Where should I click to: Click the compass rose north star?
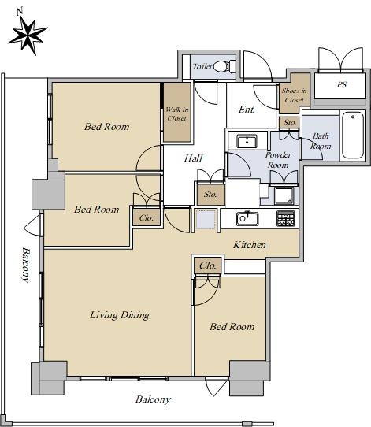point(28,35)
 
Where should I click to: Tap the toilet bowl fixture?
point(224,66)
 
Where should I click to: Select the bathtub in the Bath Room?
point(353,135)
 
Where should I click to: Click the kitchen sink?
point(247,218)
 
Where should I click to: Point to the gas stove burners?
point(285,219)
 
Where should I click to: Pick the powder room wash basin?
point(247,141)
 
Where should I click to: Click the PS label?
point(342,85)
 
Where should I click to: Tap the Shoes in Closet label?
point(295,95)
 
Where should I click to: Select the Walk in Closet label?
point(177,113)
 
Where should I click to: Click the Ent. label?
point(247,110)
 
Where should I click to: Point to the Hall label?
point(193,158)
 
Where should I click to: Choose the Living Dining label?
point(120,315)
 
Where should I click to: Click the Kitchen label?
point(250,245)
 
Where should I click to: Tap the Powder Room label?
point(278,160)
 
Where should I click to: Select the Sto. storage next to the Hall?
point(210,195)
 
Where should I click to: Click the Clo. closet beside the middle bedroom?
point(147,218)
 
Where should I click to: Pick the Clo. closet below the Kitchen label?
point(208,265)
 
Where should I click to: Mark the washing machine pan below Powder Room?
point(284,195)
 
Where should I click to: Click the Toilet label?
point(202,66)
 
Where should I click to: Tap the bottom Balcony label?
point(153,399)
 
